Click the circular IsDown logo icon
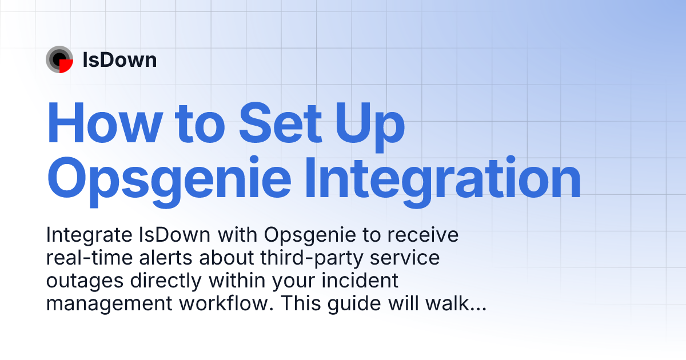(59, 59)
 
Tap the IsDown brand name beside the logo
(119, 60)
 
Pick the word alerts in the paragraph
(167, 258)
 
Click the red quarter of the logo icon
(66, 66)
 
